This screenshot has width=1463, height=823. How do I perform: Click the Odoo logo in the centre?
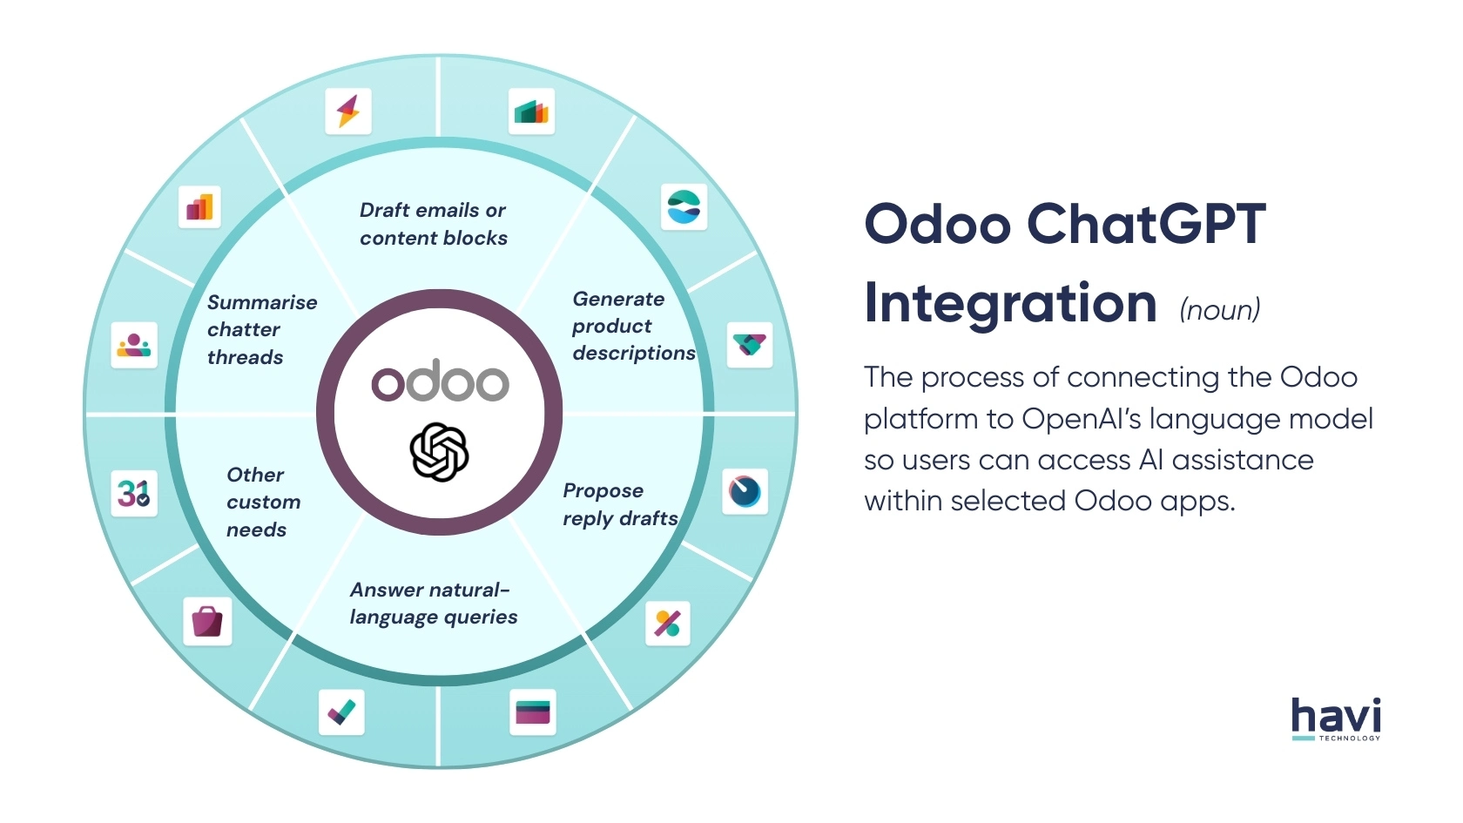[x=440, y=381]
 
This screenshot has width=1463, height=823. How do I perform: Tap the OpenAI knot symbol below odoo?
[x=440, y=452]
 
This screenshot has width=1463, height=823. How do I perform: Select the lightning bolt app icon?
[x=348, y=111]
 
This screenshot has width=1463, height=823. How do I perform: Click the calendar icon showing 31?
[x=134, y=494]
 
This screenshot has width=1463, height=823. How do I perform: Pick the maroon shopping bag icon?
[x=207, y=621]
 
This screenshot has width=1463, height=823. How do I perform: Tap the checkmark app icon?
[x=341, y=712]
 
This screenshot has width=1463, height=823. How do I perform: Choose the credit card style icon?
[x=532, y=712]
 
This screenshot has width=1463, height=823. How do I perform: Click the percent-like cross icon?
[x=667, y=623]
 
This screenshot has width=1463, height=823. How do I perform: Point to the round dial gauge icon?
[x=745, y=492]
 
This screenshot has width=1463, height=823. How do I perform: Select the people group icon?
[x=134, y=345]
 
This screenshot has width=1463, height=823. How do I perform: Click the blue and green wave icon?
[x=684, y=206]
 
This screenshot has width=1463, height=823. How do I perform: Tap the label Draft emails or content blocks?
[x=433, y=224]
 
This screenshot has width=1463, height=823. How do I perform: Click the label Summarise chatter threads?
[x=260, y=329]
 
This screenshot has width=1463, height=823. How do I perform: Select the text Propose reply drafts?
[x=619, y=504]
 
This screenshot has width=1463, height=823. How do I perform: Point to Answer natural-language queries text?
[x=433, y=603]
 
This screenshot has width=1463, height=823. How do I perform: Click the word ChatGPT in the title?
[x=1146, y=224]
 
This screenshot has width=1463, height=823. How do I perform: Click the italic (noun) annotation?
[x=1219, y=309]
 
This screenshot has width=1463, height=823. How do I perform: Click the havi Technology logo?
[x=1336, y=718]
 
